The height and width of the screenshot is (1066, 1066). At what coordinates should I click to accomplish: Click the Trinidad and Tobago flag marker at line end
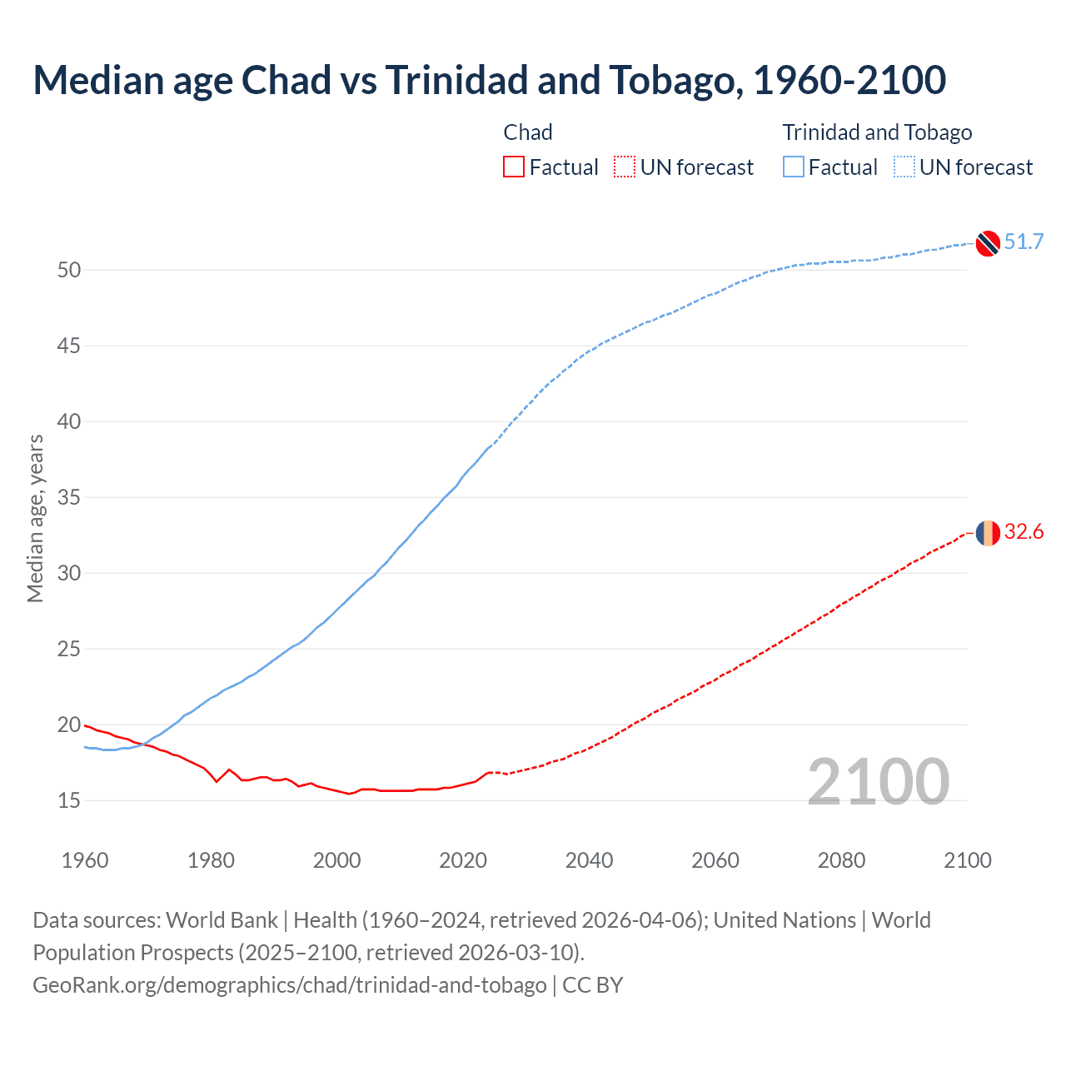point(988,242)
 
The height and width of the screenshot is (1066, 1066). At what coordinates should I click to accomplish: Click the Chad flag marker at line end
point(988,532)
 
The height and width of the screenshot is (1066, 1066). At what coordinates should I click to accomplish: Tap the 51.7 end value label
point(1024,242)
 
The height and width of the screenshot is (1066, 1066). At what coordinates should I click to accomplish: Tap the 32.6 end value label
point(1024,532)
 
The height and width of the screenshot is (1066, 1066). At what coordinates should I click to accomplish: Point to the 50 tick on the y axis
point(69,270)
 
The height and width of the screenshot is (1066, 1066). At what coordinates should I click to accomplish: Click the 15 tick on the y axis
point(69,800)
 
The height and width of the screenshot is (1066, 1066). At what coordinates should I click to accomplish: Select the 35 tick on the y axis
point(69,497)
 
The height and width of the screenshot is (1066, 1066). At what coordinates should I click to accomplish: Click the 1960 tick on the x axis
point(85,860)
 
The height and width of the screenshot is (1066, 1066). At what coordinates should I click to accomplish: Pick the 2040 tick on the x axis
point(589,860)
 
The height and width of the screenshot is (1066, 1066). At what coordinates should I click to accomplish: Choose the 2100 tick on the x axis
point(968,860)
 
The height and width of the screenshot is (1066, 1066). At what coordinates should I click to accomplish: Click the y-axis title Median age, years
point(35,518)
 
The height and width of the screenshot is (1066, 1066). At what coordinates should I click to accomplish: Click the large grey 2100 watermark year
point(878,781)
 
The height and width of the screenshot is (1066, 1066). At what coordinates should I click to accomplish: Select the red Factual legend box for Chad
point(514,167)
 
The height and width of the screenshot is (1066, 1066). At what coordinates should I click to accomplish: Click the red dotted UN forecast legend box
point(625,167)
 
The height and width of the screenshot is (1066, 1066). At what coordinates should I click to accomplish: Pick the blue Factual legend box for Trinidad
point(794,167)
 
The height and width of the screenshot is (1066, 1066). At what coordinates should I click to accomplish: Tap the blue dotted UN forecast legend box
point(904,167)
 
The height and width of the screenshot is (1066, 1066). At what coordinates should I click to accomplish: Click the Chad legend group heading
point(528,132)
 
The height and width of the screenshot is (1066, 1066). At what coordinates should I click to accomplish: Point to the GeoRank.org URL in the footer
point(289,984)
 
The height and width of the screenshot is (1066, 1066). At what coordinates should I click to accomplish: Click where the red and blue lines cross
point(144,744)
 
